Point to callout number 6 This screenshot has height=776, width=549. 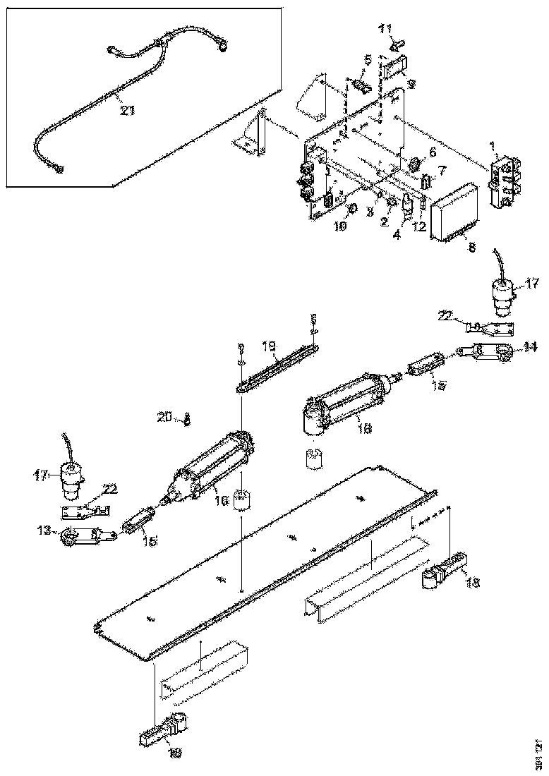(x=433, y=151)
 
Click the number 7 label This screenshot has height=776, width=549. (x=441, y=171)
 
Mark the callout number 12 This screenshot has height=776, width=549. (x=421, y=227)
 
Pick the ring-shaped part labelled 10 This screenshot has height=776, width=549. (x=353, y=209)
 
